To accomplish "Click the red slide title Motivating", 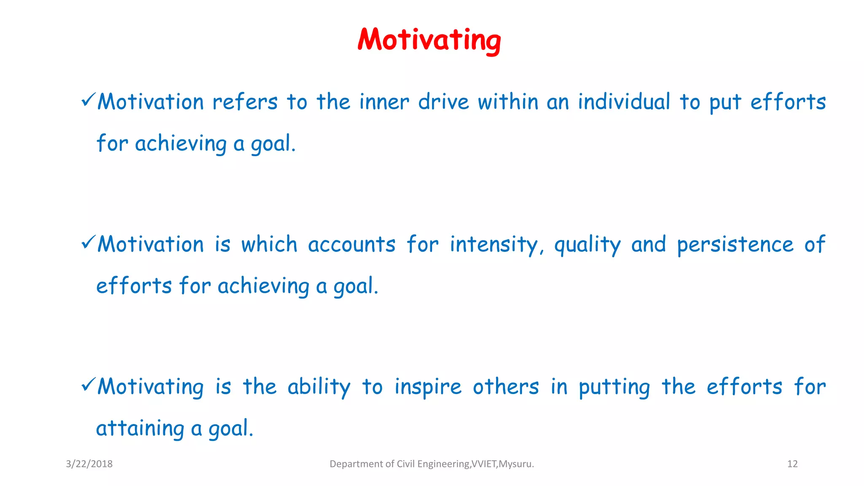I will pyautogui.click(x=429, y=40).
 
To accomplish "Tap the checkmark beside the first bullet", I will pyautogui.click(x=89, y=100).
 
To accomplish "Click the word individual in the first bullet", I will pyautogui.click(x=624, y=102).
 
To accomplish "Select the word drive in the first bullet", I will pyautogui.click(x=443, y=102).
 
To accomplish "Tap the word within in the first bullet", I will pyautogui.click(x=508, y=102).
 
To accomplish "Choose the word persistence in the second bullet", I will pyautogui.click(x=735, y=245).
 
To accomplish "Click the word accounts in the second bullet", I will pyautogui.click(x=351, y=245).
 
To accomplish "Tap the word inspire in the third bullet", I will pyautogui.click(x=428, y=387).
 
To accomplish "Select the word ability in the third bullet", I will pyautogui.click(x=319, y=387).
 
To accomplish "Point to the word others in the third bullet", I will pyautogui.click(x=505, y=387).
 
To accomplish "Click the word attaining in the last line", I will pyautogui.click(x=140, y=429).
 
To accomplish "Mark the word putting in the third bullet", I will pyautogui.click(x=614, y=387).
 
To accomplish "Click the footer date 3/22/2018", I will pyautogui.click(x=89, y=464).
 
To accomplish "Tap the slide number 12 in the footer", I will pyautogui.click(x=792, y=464).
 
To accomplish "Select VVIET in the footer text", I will pyautogui.click(x=484, y=464).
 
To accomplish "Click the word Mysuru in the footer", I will pyautogui.click(x=515, y=464).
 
